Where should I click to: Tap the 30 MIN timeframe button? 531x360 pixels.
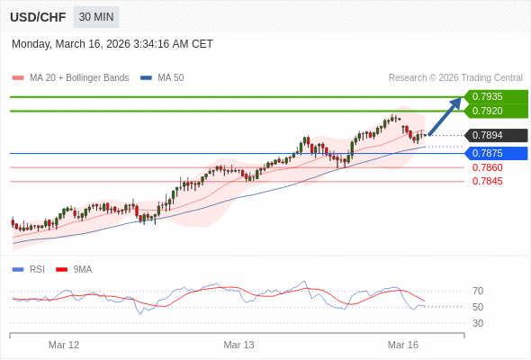tap(95, 17)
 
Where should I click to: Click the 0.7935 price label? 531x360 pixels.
tap(494, 97)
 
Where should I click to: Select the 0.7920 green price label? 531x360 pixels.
tap(494, 112)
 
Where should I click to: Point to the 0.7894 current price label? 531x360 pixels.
tap(494, 136)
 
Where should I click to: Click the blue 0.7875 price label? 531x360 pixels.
tap(494, 153)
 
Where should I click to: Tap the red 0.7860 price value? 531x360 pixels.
tap(487, 167)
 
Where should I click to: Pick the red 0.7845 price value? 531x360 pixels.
tap(487, 181)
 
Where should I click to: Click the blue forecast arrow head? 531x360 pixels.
tap(457, 101)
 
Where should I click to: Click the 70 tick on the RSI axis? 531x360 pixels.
tap(478, 291)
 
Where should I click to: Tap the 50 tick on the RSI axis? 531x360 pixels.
tap(478, 307)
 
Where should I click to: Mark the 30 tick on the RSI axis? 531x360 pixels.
tap(478, 323)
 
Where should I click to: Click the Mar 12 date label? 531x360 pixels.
tap(63, 345)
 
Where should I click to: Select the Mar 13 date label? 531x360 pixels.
tap(238, 345)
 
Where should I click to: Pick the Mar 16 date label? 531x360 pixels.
tap(403, 345)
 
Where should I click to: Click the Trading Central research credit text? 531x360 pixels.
tap(455, 77)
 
